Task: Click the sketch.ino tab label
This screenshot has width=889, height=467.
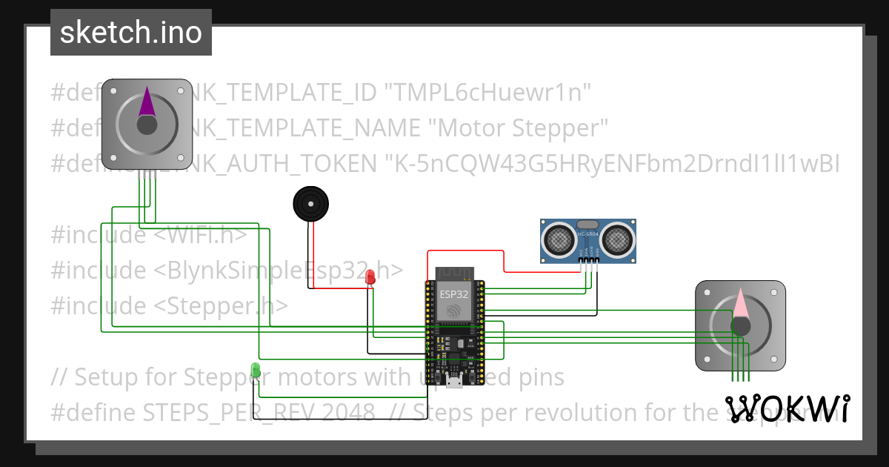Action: click(x=131, y=33)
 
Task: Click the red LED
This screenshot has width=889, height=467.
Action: click(x=370, y=277)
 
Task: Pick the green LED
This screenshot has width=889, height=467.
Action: click(x=256, y=369)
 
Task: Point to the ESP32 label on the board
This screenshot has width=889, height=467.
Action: click(x=453, y=294)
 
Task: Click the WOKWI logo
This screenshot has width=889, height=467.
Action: click(x=787, y=408)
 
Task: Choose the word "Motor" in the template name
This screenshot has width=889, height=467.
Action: click(x=468, y=128)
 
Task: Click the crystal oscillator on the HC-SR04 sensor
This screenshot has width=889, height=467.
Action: click(x=587, y=225)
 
